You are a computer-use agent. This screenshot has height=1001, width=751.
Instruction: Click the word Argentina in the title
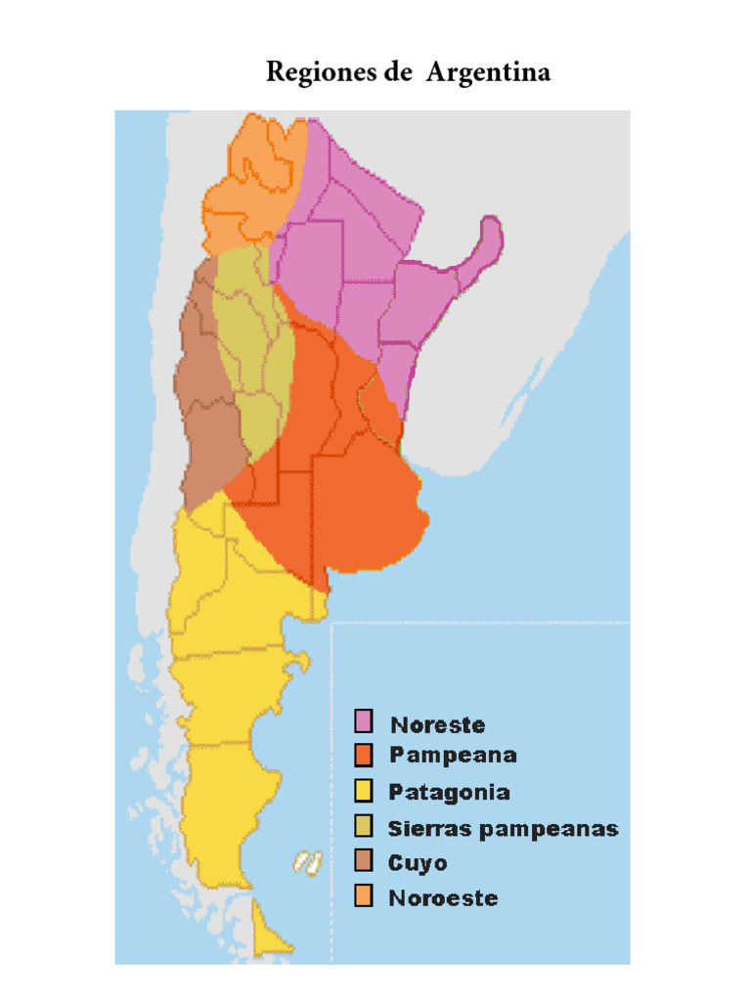click(487, 73)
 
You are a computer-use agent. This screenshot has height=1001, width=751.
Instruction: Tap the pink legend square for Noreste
click(365, 721)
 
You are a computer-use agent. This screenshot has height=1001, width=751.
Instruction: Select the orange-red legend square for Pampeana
click(365, 756)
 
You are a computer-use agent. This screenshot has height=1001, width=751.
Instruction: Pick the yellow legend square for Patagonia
click(365, 791)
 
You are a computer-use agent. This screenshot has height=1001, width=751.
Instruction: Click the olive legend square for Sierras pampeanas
click(365, 827)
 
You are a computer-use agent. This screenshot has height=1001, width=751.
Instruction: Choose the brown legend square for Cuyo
click(365, 862)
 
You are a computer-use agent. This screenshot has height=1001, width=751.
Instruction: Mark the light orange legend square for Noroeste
click(365, 896)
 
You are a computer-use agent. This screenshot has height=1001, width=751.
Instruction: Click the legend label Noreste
click(437, 724)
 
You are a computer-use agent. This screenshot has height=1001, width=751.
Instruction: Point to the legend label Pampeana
click(453, 756)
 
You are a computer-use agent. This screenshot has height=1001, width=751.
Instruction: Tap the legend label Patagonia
click(449, 792)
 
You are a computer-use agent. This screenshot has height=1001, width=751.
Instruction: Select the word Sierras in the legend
click(426, 828)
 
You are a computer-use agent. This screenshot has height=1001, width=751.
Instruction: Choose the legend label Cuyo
click(418, 863)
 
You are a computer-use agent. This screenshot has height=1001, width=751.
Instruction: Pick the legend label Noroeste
click(443, 897)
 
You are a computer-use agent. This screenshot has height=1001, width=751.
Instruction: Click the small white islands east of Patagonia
click(308, 862)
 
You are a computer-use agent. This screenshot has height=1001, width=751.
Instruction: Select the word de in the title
click(396, 73)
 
